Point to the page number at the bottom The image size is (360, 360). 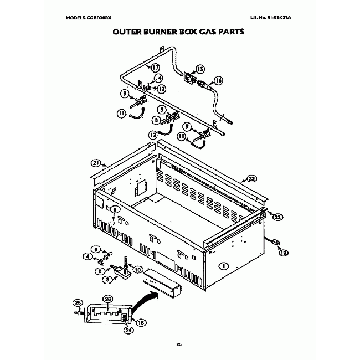tap(179, 345)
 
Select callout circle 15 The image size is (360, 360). tap(199, 69)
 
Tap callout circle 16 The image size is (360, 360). tap(219, 80)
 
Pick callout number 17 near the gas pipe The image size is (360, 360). tap(155, 67)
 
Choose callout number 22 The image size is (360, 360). tap(251, 178)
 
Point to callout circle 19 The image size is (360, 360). tap(284, 253)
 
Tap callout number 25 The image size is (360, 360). tap(77, 302)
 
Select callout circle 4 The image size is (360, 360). tap(88, 256)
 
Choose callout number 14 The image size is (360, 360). tap(158, 78)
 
